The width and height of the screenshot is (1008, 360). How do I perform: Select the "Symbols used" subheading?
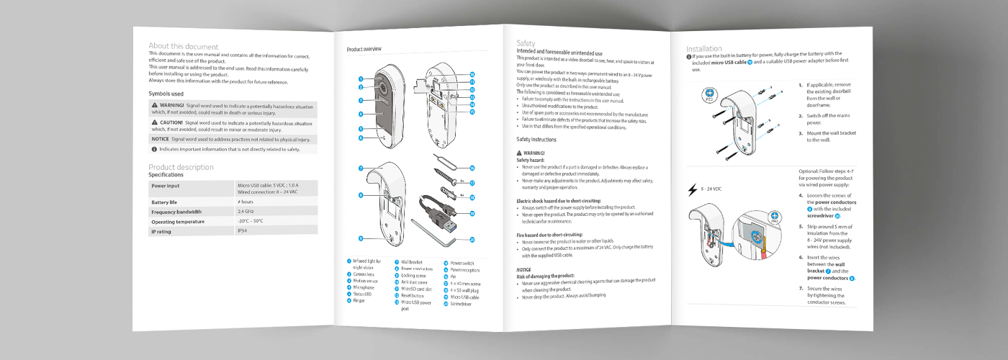click(166, 94)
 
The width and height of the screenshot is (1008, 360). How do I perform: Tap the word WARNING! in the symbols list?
click(172, 106)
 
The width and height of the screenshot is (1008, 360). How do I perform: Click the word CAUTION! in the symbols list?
click(172, 123)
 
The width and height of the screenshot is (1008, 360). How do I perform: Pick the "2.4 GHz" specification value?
click(246, 212)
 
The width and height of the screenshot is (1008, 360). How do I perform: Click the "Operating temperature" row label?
click(178, 222)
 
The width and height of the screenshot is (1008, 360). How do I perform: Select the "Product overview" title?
click(364, 50)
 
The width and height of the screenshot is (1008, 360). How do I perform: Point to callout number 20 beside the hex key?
click(472, 239)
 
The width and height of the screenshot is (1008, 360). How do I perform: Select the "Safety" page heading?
click(526, 44)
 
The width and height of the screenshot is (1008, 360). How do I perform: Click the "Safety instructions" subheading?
click(536, 139)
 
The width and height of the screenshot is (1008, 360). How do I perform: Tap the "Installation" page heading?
click(704, 49)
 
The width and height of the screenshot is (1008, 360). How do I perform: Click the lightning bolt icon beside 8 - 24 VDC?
click(693, 189)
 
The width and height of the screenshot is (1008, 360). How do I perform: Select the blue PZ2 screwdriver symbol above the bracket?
click(708, 93)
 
